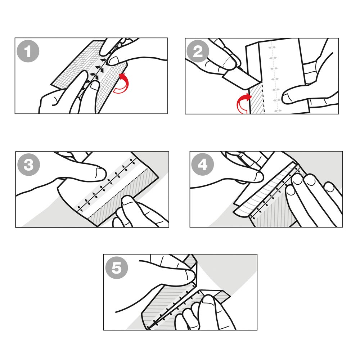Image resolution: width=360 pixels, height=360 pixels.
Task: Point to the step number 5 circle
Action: [116, 269]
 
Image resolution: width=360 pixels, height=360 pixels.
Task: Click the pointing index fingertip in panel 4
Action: [258, 176]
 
